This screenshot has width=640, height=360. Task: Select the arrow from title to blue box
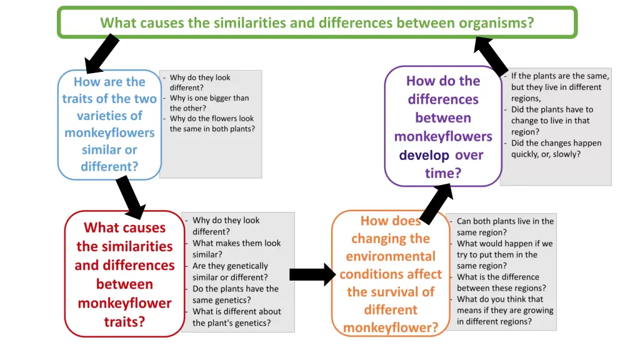pos(101,54)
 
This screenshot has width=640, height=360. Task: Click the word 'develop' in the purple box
pos(424,155)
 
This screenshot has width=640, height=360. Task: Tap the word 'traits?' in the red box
pos(124,322)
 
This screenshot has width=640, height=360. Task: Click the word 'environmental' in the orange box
pos(391,256)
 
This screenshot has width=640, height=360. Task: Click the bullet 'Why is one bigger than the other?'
pos(209,103)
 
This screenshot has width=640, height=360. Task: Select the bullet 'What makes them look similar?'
pos(236,249)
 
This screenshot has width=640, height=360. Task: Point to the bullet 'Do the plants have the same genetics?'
pos(235,294)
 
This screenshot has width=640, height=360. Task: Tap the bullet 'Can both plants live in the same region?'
pos(504,226)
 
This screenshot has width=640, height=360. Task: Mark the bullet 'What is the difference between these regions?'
pos(501,282)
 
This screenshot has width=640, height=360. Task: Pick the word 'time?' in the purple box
pos(442,173)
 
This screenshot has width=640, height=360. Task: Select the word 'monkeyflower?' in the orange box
pos(391,327)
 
